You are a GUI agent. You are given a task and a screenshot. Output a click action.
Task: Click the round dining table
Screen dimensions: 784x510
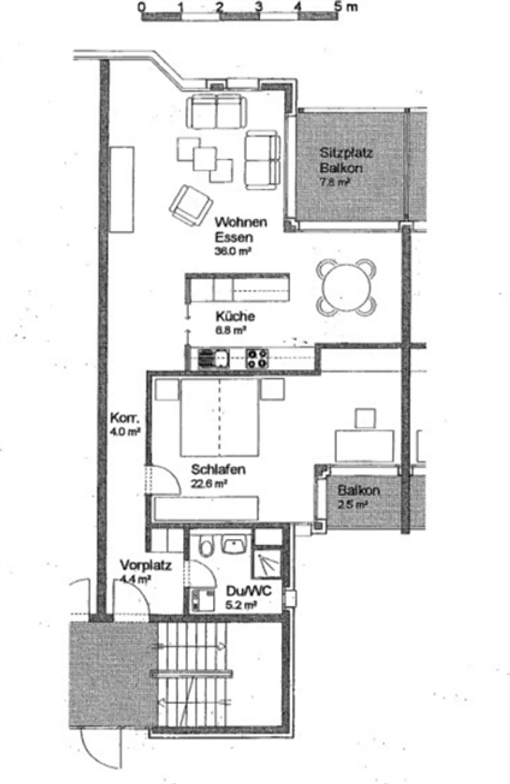(346, 288)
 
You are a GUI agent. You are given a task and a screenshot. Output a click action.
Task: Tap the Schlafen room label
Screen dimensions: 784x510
(218, 470)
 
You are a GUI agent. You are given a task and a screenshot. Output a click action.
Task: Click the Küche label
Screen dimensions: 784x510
(235, 316)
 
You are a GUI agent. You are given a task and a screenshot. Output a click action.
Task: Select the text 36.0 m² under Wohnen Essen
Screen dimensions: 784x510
(233, 251)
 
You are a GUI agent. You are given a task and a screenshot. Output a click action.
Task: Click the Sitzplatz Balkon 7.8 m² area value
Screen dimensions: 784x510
(335, 182)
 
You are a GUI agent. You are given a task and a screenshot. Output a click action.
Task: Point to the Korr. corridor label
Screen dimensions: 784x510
(125, 418)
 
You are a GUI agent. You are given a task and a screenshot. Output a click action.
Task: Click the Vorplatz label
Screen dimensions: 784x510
(146, 565)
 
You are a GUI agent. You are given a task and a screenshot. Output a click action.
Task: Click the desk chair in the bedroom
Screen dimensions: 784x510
(365, 418)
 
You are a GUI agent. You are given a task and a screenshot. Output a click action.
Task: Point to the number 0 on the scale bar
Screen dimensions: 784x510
(142, 7)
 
